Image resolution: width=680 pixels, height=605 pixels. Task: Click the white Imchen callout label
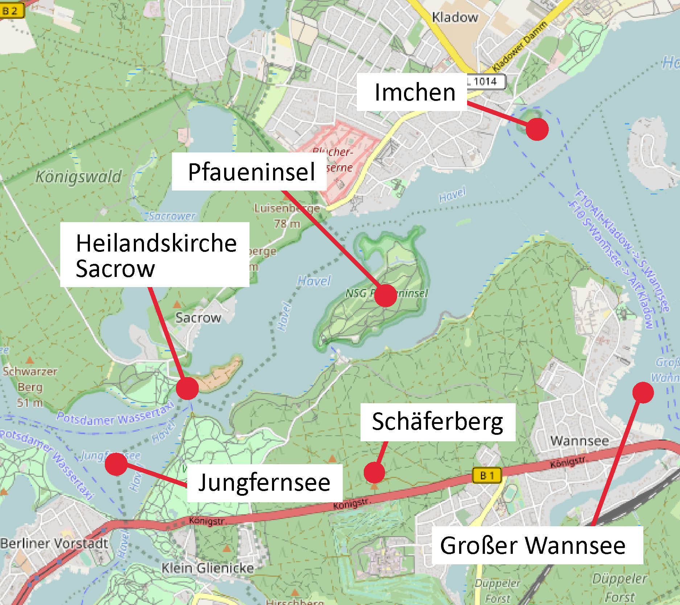[x=412, y=92]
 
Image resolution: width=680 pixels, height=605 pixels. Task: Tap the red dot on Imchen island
[x=537, y=129]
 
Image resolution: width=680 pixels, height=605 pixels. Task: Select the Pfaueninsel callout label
[x=250, y=172]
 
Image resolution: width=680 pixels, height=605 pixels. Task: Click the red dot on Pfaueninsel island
[x=386, y=295]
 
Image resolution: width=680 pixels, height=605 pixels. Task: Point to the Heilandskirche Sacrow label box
[x=155, y=255]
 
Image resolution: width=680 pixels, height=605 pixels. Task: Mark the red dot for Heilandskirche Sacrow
[x=187, y=388]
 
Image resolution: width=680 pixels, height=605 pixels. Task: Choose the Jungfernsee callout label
[x=264, y=483]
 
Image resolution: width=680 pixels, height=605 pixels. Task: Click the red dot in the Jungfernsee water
[x=116, y=464]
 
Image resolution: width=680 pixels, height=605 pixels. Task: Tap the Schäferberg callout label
[x=437, y=422]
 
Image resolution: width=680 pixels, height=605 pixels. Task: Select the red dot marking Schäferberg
[x=374, y=473]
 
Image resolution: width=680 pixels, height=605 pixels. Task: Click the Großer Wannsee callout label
[x=537, y=545]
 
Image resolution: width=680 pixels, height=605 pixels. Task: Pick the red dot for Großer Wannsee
[x=643, y=393]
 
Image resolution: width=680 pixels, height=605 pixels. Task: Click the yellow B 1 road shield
[x=487, y=475]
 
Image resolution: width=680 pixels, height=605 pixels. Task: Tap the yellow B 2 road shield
[x=11, y=11]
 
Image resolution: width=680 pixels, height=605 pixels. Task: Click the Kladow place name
[x=455, y=17]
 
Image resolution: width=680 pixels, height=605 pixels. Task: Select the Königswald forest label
[x=79, y=177]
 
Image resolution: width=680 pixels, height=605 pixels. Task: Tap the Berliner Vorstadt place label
[x=54, y=544]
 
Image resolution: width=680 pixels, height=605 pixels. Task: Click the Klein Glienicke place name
[x=207, y=568]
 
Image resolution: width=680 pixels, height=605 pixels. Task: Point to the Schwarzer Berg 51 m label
[x=30, y=387]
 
